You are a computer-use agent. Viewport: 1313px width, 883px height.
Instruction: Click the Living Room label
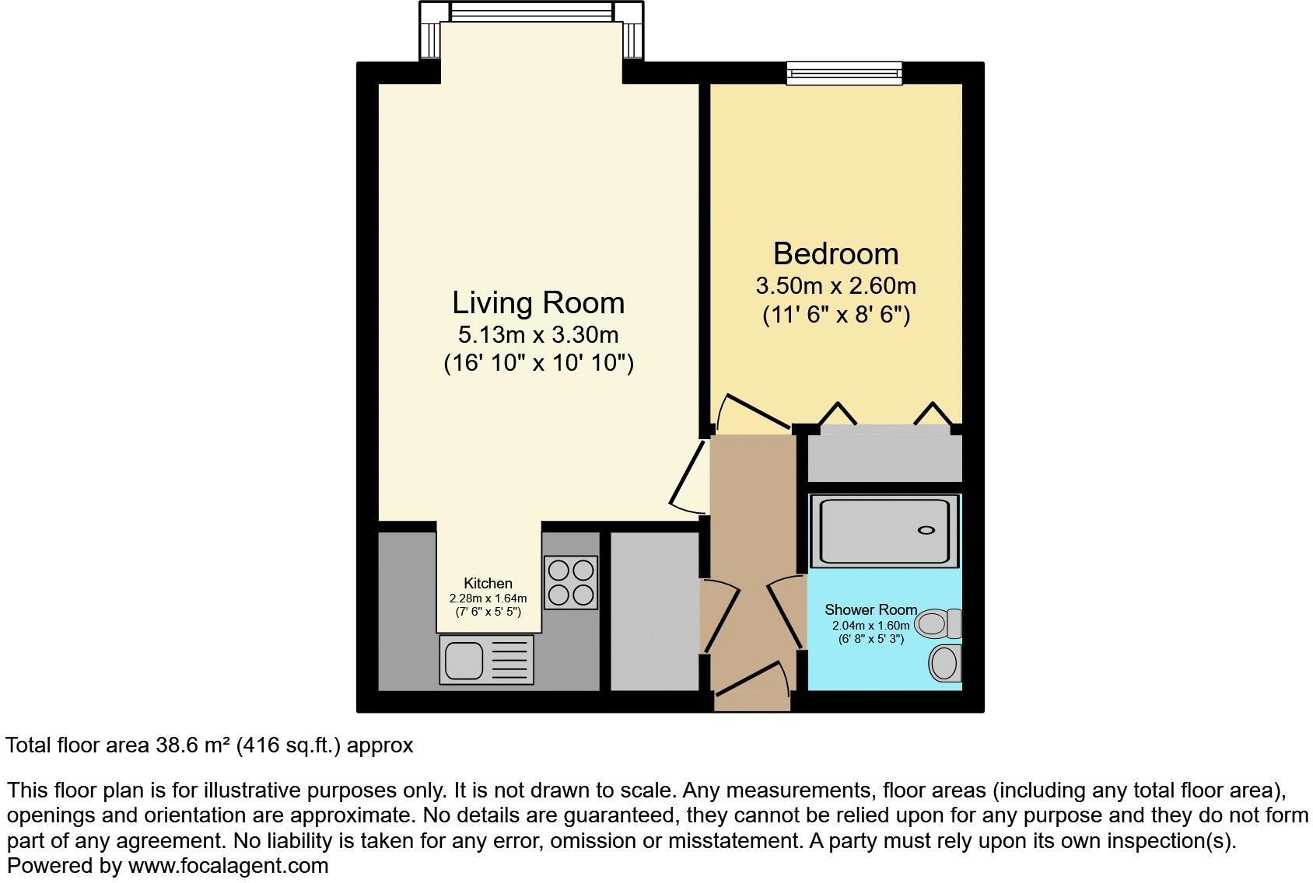(538, 303)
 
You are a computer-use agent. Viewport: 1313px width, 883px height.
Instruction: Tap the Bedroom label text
(835, 254)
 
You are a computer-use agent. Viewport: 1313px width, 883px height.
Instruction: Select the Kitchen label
(488, 583)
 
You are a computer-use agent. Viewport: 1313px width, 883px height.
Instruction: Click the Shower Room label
(870, 609)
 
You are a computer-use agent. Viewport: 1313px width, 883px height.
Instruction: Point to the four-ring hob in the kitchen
(570, 582)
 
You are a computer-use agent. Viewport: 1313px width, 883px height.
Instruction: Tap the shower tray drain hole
(926, 530)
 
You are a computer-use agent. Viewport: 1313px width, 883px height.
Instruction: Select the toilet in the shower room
(937, 623)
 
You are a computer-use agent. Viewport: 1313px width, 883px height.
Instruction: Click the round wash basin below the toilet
(944, 664)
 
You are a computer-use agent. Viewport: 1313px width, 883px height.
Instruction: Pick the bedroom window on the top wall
(844, 73)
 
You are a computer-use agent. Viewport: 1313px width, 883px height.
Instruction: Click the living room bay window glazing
(532, 12)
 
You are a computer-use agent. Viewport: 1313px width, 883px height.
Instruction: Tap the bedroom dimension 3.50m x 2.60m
(835, 286)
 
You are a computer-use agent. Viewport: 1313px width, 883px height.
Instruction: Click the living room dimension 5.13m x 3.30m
(538, 335)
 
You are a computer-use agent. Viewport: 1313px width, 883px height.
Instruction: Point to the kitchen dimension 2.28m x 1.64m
(488, 599)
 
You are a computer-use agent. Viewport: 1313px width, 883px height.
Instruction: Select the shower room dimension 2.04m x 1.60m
(870, 625)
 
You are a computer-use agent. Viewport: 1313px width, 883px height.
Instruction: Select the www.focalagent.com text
(228, 866)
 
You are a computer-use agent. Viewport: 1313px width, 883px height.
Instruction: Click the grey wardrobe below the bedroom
(884, 457)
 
